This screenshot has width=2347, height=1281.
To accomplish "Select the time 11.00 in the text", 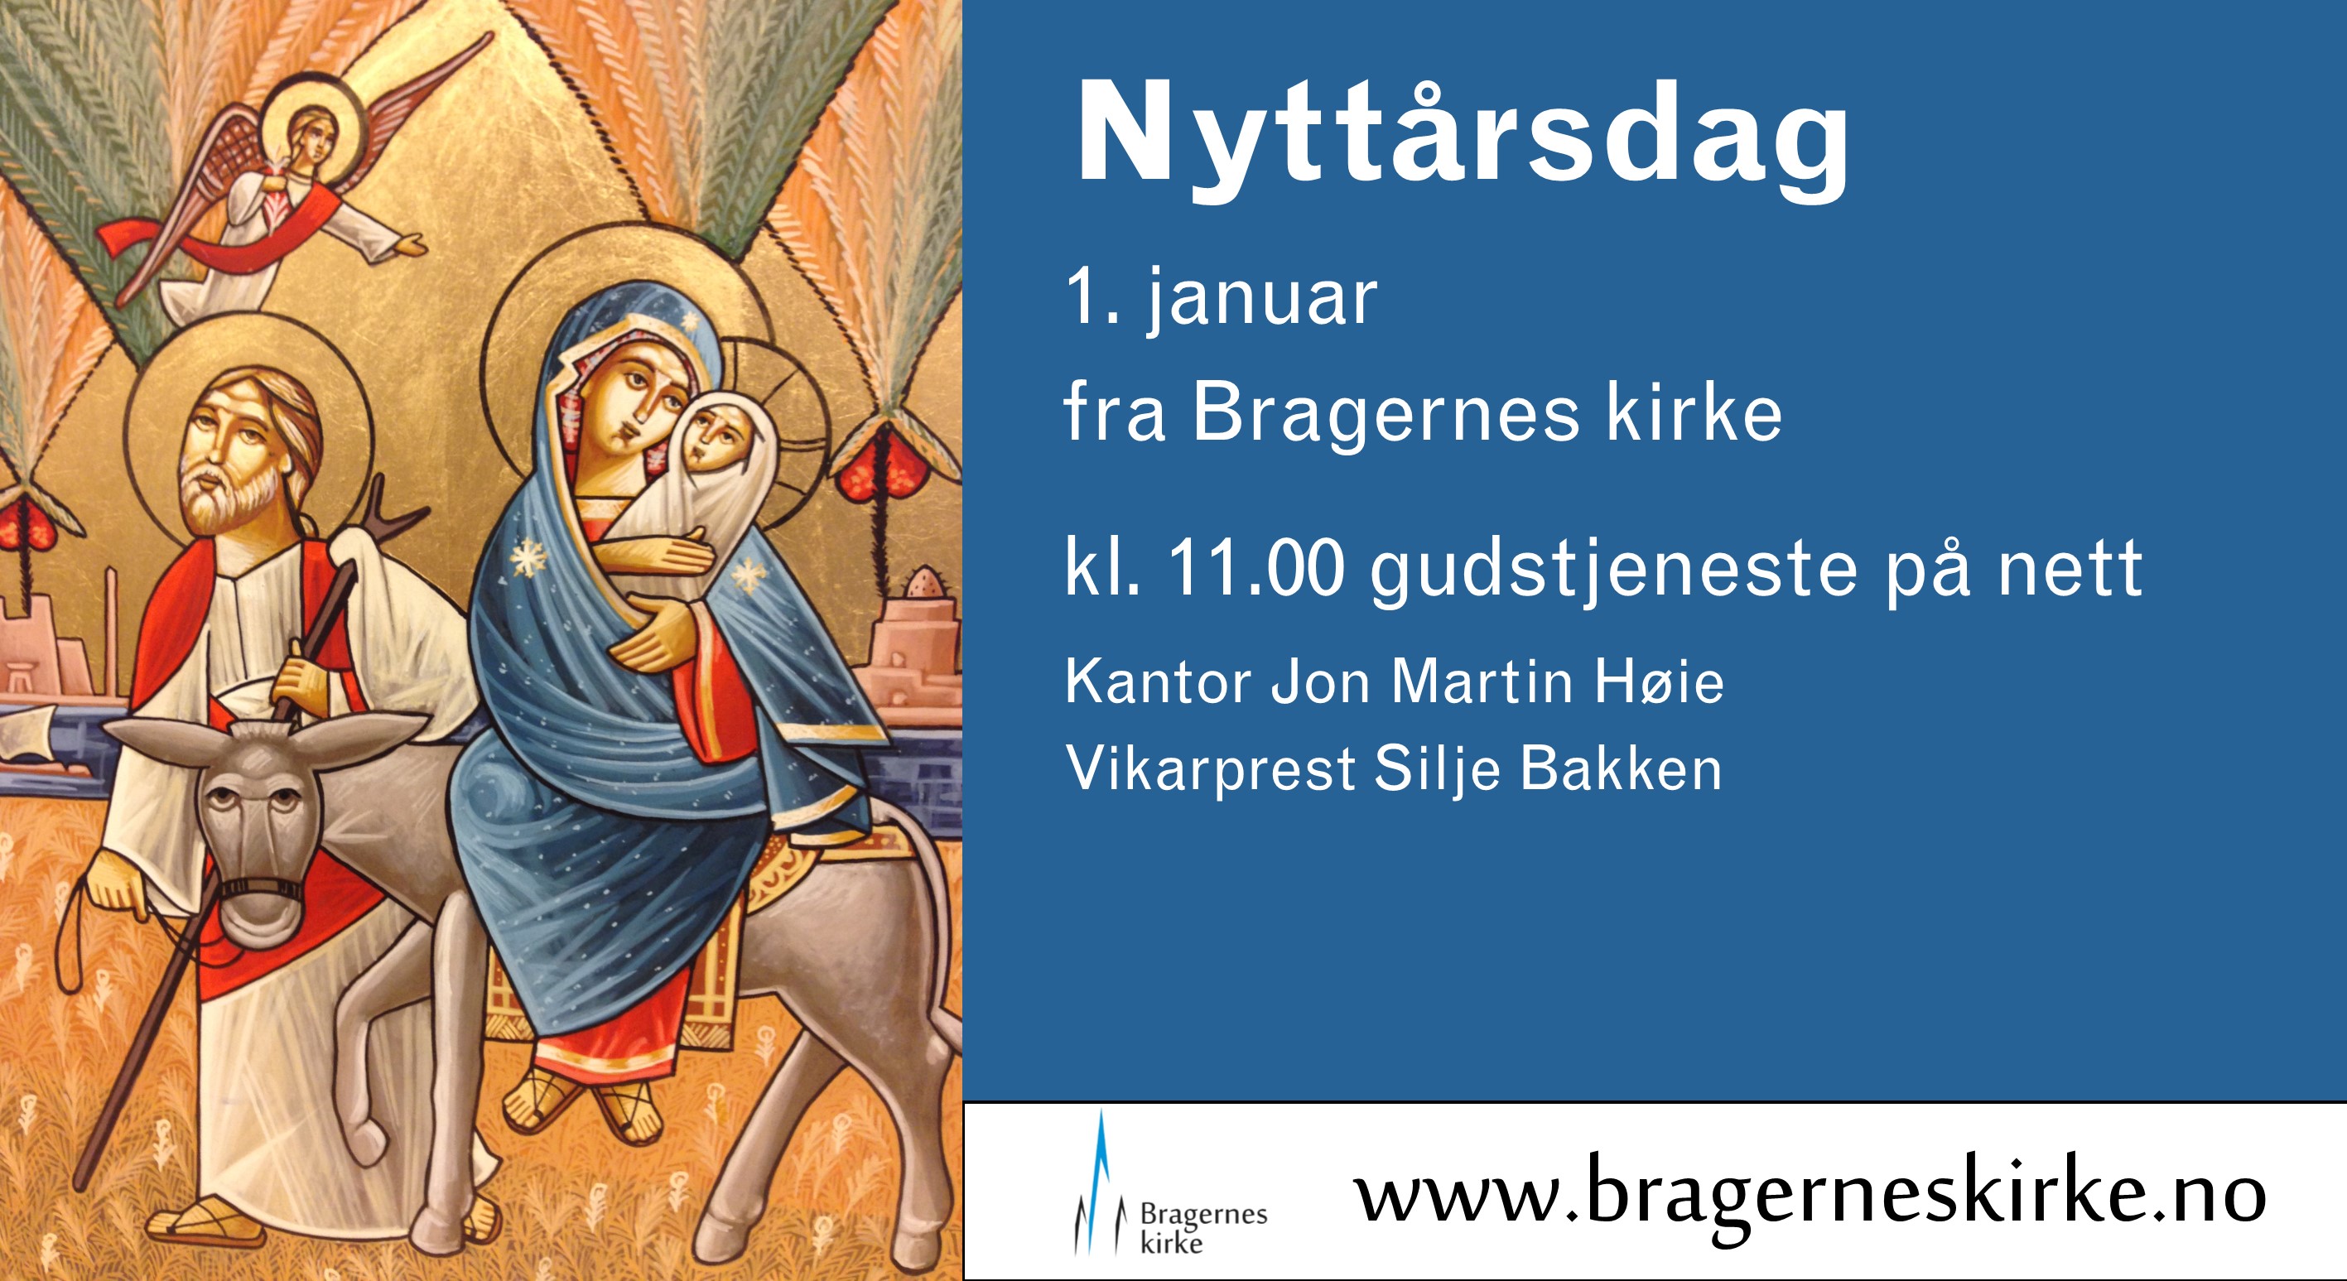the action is [x=1256, y=569].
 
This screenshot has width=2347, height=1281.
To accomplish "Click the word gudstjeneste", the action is [x=1613, y=572].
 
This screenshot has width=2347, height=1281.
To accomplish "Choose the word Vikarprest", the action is [x=1211, y=771].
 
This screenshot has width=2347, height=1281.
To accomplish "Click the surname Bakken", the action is [x=1621, y=769].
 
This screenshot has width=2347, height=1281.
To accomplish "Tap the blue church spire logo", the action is [x=1101, y=1183].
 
